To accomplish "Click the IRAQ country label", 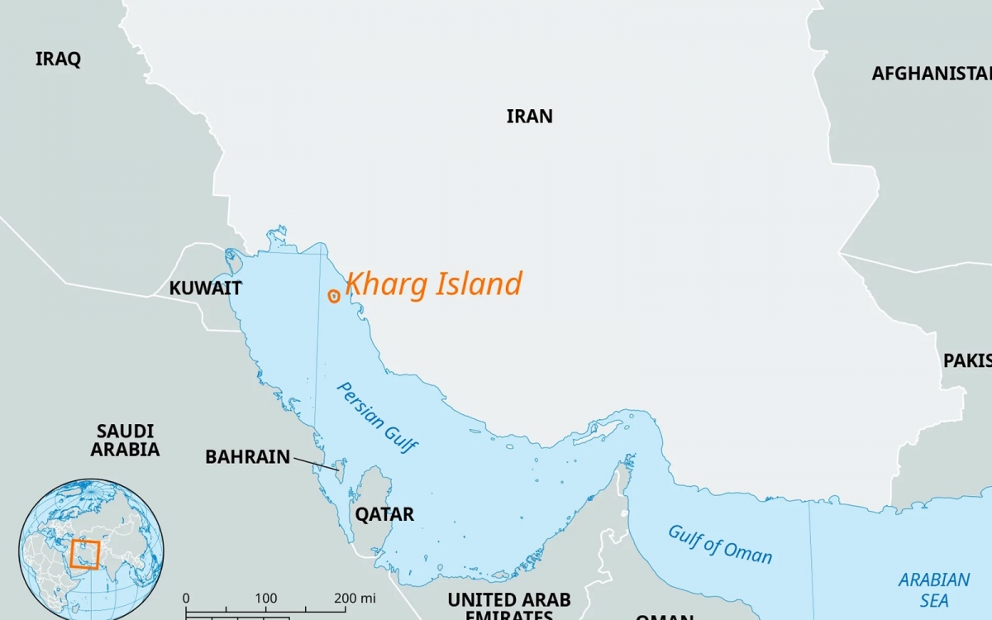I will pos(58,59).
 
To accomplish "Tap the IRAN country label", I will pos(529,116).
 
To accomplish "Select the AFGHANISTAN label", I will pos(931,74).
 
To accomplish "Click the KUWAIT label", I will pos(205,288).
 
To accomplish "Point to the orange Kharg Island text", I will pos(433,284).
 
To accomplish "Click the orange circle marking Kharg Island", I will pos(334,296).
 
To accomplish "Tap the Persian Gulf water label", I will pos(377,418).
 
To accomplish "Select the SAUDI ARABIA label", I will pos(125,441).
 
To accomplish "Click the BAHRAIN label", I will pos(247,456).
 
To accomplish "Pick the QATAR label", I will pos(384,514).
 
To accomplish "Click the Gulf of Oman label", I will pos(720,544).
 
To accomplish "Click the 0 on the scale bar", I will pos(186,598).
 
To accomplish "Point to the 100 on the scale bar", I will pos(265,598).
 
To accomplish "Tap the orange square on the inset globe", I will pos(84,554).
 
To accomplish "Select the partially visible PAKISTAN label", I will pos(967,361).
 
